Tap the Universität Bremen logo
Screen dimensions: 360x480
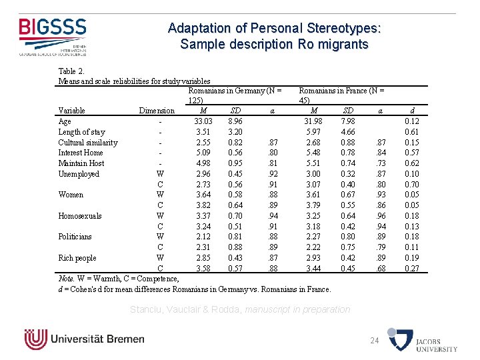pos(84,339)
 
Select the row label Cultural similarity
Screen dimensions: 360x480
pos(88,143)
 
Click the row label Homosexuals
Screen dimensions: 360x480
pos(80,216)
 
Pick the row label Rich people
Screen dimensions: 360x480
pos(77,258)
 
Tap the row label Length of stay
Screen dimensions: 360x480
pos(81,132)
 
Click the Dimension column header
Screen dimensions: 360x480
pos(156,111)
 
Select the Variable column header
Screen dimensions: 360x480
pos(72,111)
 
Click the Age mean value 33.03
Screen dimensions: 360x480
pos(203,121)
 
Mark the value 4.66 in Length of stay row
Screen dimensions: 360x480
pos(347,132)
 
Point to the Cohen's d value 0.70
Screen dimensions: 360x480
pos(412,185)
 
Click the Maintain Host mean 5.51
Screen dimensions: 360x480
pos(313,163)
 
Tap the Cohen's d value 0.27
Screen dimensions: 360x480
pos(412,269)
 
